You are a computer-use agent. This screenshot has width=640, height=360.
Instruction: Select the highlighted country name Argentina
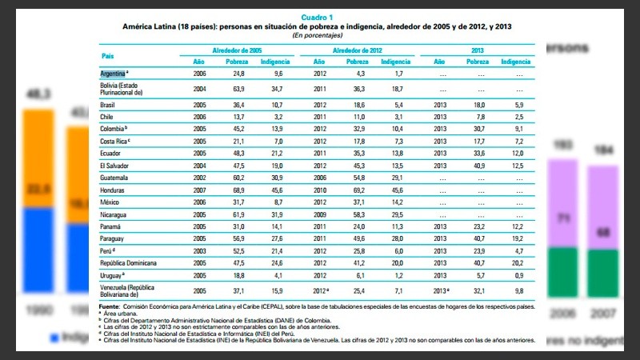pyautogui.click(x=113, y=73)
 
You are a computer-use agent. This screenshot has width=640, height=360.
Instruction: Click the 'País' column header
pyautogui.click(x=108, y=55)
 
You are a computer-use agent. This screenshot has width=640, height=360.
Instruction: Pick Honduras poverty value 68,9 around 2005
pyautogui.click(x=237, y=190)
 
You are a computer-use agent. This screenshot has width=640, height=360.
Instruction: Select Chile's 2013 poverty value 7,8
pyautogui.click(x=478, y=116)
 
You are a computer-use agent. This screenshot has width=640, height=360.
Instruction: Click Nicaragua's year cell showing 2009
pyautogui.click(x=318, y=214)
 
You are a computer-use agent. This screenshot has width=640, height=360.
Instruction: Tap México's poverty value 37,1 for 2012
pyautogui.click(x=357, y=202)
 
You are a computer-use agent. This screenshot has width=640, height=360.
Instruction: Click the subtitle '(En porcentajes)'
pyautogui.click(x=318, y=35)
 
